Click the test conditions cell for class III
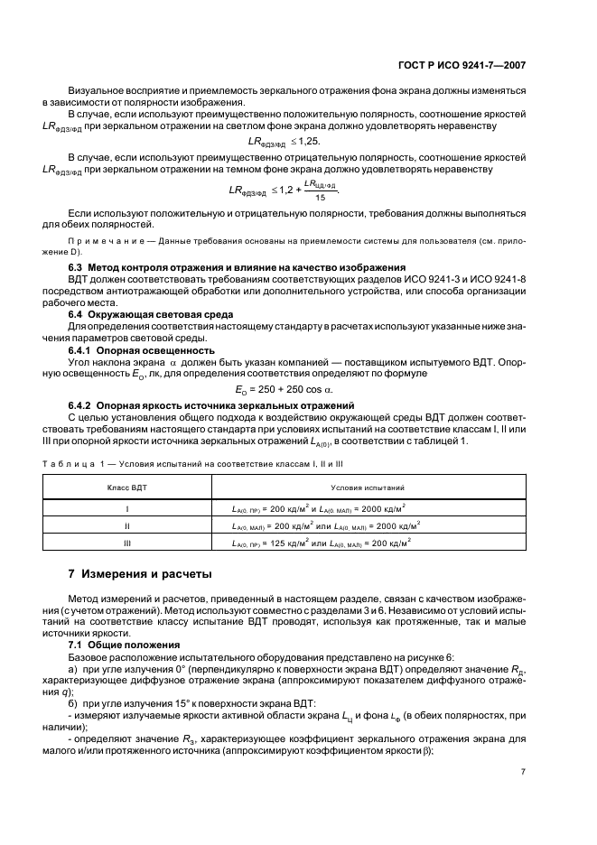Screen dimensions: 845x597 [x=322, y=543]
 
